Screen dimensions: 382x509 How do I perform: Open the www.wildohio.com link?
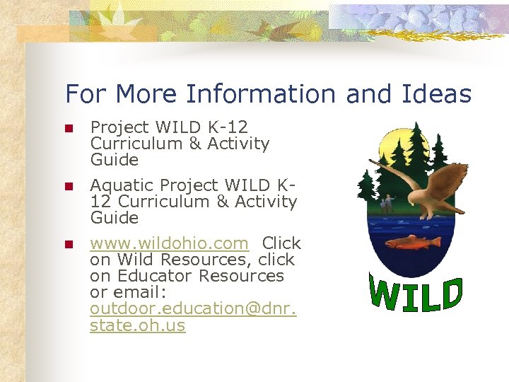169,243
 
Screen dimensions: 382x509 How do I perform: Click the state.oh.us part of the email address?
137,325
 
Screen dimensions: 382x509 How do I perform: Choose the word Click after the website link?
281,243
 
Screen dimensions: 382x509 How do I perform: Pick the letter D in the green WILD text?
450,293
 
